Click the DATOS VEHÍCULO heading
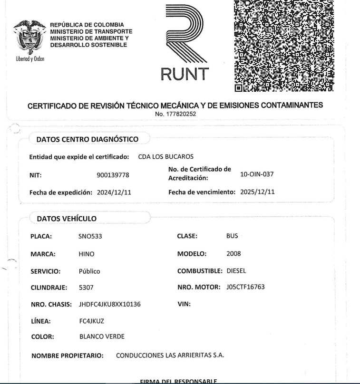[67, 218]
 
